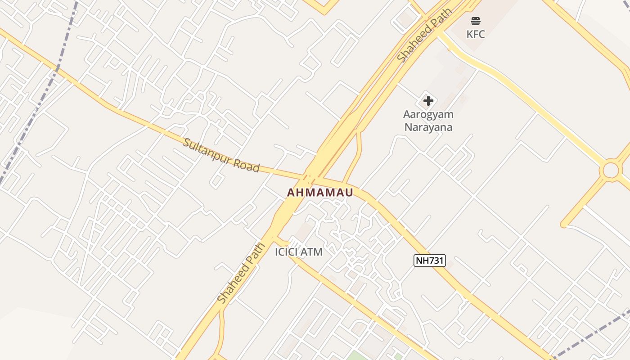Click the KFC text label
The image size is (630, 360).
tap(476, 34)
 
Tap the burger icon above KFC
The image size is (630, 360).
tap(476, 21)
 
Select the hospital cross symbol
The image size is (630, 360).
tap(428, 100)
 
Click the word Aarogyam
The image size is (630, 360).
tap(428, 114)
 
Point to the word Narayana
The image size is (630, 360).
tap(428, 127)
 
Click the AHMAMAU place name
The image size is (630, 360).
tap(320, 193)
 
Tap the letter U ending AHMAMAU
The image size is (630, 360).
tap(348, 193)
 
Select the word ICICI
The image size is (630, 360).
tap(286, 252)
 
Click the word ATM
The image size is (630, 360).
tap(311, 252)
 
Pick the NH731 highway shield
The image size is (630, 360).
tap(429, 260)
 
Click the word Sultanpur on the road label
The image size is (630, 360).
tap(206, 152)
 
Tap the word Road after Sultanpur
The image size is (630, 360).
tap(247, 165)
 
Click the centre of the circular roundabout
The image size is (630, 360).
tap(611, 171)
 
